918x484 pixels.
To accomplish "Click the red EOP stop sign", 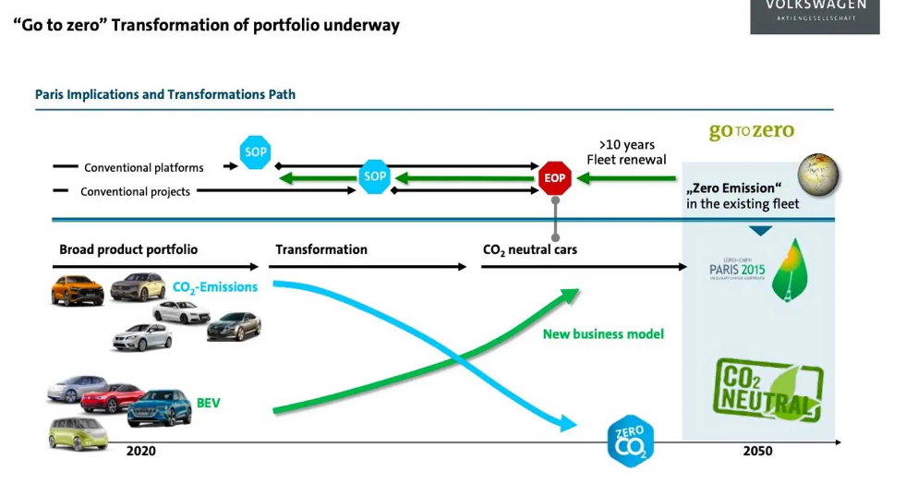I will (555, 177).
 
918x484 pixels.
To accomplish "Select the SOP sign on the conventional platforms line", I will (255, 152).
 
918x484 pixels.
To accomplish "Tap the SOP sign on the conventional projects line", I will (375, 176).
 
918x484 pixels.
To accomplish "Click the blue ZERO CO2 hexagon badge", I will (631, 441).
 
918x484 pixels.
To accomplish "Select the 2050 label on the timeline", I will (757, 451).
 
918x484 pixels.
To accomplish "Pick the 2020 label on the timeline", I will (141, 451).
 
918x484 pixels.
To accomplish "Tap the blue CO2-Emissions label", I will (214, 287).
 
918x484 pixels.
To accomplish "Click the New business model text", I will (603, 333).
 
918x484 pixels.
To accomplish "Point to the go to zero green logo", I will (751, 131).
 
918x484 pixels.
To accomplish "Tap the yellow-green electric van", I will (78, 432).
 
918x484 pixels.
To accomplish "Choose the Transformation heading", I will (320, 249).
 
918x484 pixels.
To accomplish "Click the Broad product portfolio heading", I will (128, 249).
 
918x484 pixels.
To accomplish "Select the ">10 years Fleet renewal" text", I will (626, 152).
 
